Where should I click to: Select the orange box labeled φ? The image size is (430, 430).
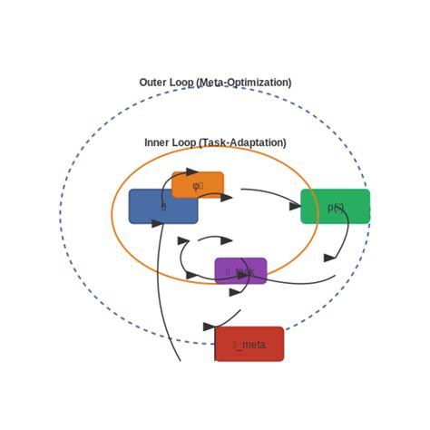tap(198, 184)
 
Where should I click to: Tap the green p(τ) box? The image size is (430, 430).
tap(335, 206)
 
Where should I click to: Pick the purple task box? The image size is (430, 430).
tap(240, 270)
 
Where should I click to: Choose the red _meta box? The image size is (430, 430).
tap(249, 344)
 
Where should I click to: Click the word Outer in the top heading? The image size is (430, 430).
tap(153, 83)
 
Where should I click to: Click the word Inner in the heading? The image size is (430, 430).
tap(157, 142)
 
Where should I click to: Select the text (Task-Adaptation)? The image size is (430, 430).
tap(242, 142)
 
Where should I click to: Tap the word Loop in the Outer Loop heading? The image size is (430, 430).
tap(182, 83)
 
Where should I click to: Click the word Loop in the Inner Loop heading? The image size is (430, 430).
tap(184, 142)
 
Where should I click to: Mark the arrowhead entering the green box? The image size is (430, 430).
tap(295, 207)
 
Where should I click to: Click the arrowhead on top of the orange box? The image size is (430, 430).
tap(191, 171)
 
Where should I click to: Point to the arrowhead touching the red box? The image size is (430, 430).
tap(210, 327)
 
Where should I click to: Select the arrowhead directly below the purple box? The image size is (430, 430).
tap(236, 292)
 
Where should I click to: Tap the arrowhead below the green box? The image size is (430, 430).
tap(329, 259)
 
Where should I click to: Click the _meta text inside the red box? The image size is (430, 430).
tap(249, 345)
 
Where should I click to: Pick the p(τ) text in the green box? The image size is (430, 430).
tap(336, 208)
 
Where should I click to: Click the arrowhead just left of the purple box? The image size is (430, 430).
tap(191, 275)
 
